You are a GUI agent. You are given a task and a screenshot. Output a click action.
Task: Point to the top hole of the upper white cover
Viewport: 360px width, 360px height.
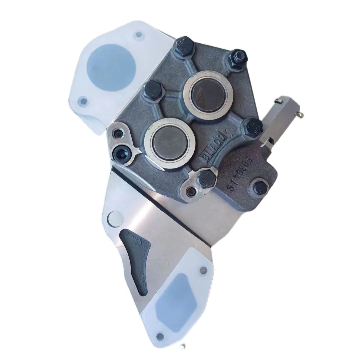tap(138, 35)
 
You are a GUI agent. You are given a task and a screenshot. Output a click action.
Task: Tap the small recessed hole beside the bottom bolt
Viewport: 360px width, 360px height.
tap(191, 192)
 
